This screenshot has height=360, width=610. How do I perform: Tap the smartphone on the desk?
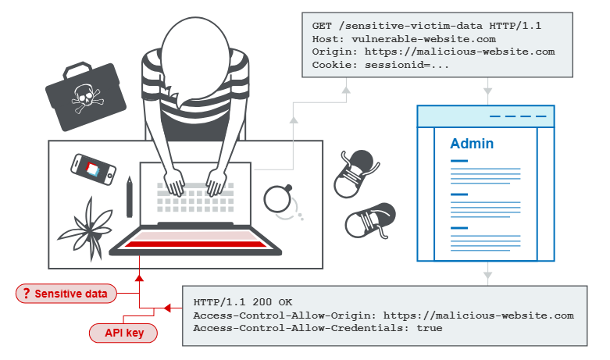click(x=93, y=168)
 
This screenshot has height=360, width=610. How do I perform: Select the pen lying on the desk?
click(x=129, y=196)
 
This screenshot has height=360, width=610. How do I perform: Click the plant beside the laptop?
click(x=89, y=223)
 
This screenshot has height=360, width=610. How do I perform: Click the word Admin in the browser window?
click(x=472, y=144)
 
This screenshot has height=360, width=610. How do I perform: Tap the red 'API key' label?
click(x=124, y=333)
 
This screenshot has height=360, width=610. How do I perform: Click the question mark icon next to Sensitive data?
click(x=27, y=294)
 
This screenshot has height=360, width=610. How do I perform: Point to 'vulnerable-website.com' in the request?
click(x=423, y=39)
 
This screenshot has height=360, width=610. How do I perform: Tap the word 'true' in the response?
click(x=429, y=328)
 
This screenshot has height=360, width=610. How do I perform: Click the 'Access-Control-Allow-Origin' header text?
click(x=273, y=315)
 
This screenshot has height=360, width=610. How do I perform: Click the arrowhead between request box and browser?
click(x=487, y=91)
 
